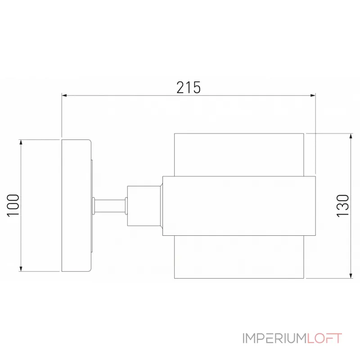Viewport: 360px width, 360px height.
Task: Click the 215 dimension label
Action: click(x=189, y=87)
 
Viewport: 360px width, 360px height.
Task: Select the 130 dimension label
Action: click(x=343, y=206)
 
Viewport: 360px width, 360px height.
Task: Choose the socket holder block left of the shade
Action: click(x=144, y=206)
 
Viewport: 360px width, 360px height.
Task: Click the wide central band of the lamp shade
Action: click(x=238, y=206)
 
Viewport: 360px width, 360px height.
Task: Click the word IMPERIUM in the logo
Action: click(x=274, y=338)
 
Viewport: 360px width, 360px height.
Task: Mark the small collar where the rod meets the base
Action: click(x=93, y=206)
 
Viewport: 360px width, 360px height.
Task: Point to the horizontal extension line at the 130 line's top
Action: click(x=328, y=134)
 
